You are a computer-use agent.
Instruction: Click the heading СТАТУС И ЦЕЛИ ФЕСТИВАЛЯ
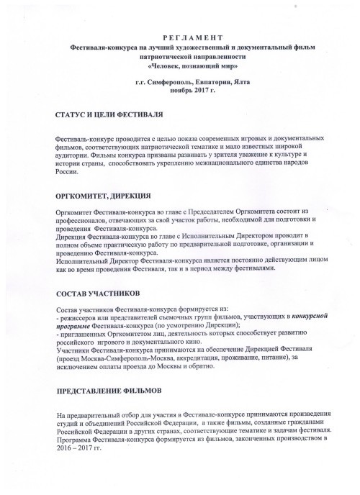pyautogui.click(x=108, y=115)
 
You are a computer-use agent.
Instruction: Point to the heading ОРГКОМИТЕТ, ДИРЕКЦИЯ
pyautogui.click(x=104, y=196)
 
